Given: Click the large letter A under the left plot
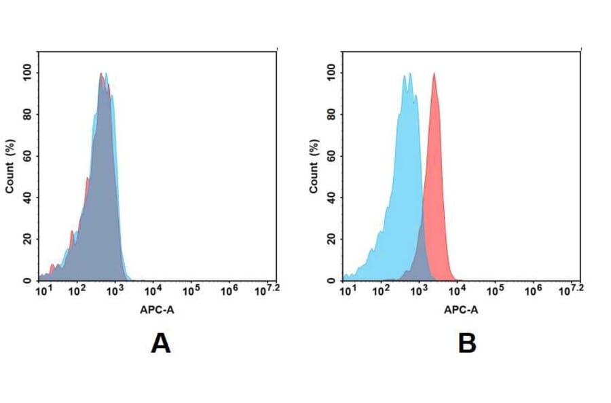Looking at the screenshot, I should coord(160,344).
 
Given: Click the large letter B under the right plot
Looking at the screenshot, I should coord(467,344).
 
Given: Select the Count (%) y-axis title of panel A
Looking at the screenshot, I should coord(10,166).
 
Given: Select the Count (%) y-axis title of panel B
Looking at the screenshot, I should coord(314,166).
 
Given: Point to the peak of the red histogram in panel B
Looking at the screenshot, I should coord(434,74).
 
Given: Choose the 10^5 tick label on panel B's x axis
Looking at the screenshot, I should coord(495,291).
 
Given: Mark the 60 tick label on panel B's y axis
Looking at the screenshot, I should coord(331,156).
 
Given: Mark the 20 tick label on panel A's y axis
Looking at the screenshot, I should coord(26,239).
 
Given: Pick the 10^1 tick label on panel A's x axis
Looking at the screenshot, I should coord(43,291).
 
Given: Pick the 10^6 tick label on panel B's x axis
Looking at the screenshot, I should coord(533,291).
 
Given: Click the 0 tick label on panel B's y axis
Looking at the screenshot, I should coord(331,280).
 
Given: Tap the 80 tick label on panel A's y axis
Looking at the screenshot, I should coord(26,115).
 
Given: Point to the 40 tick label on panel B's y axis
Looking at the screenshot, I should coord(331,197).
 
